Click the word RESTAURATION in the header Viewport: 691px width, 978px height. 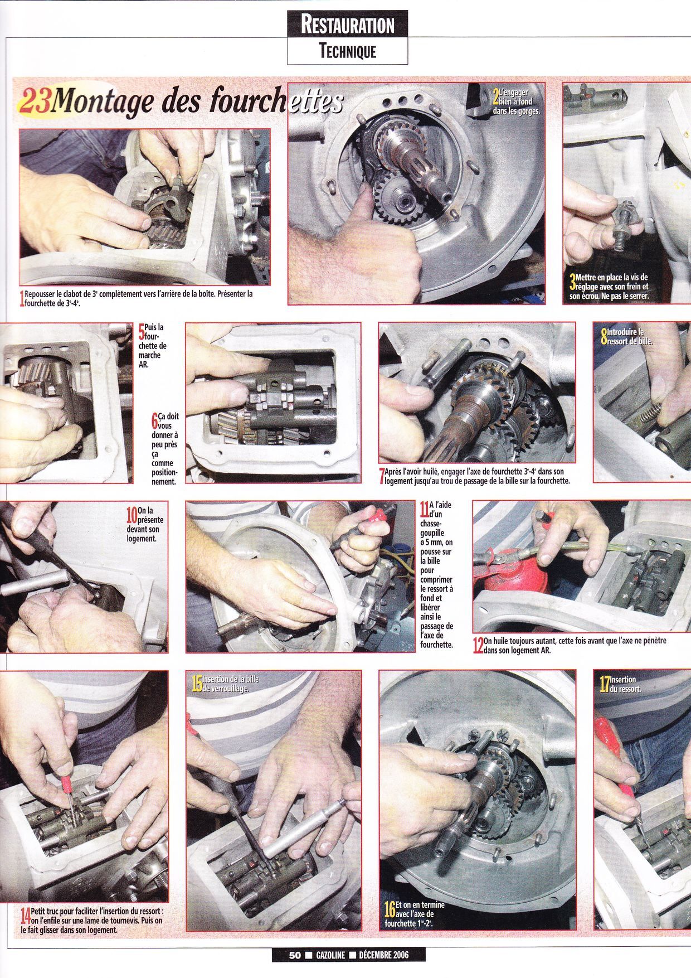pyautogui.click(x=347, y=25)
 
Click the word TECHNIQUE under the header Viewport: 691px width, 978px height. pyautogui.click(x=348, y=52)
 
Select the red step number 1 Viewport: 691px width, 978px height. pyautogui.click(x=22, y=299)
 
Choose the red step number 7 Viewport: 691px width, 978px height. pyautogui.click(x=381, y=476)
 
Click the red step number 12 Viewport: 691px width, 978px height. pyautogui.click(x=478, y=646)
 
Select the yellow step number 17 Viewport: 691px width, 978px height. pyautogui.click(x=604, y=684)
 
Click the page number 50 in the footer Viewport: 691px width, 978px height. pyautogui.click(x=295, y=955)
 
